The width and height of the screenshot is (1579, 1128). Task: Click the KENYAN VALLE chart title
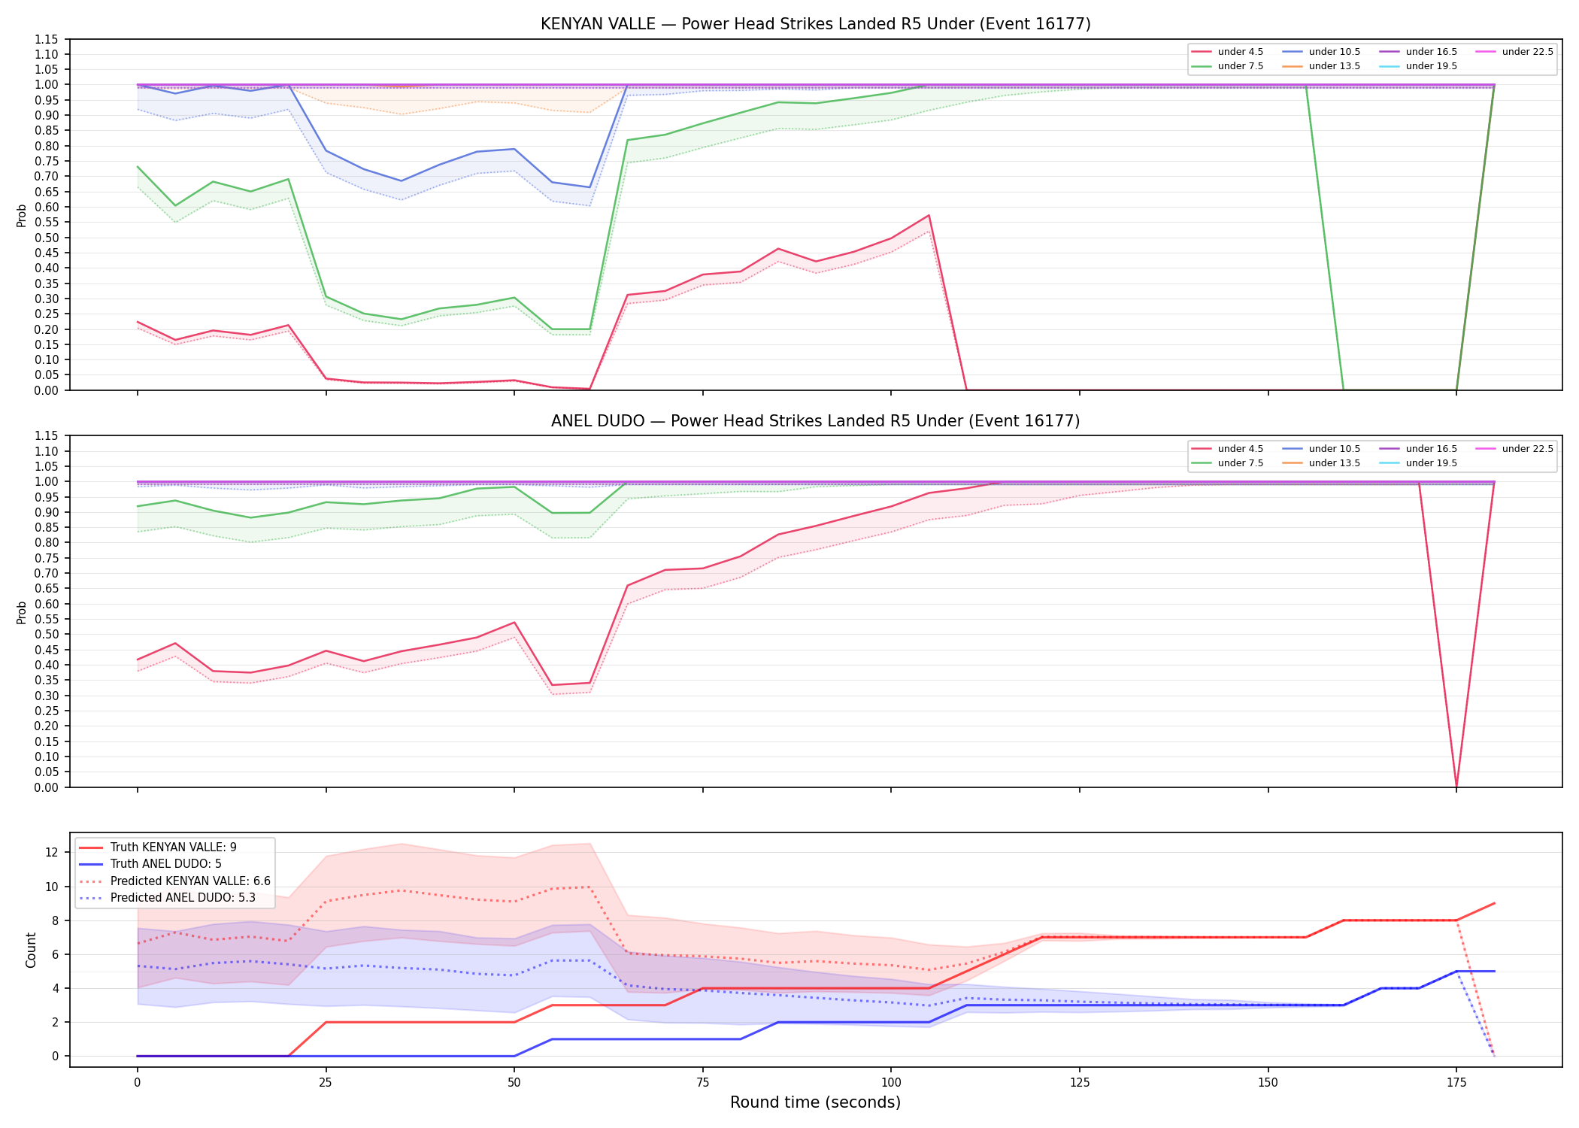point(815,24)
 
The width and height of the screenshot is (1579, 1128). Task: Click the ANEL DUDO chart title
point(815,421)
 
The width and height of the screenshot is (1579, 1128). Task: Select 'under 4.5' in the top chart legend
point(1240,52)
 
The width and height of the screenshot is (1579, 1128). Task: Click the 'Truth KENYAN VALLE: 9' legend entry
point(174,848)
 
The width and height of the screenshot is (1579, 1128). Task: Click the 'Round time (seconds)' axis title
point(815,1102)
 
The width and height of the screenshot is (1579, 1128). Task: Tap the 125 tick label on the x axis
point(1080,1083)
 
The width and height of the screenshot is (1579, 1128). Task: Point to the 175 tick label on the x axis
point(1456,1083)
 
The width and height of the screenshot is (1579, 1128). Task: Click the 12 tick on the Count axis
point(52,852)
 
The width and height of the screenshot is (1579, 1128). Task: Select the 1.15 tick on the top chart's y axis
point(47,39)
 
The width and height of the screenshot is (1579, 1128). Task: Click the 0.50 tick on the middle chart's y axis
point(47,634)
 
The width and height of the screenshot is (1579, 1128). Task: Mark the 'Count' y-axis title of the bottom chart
point(31,950)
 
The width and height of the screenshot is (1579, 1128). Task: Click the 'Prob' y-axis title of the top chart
point(22,215)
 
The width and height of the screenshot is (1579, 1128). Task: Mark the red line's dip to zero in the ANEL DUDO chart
point(1456,786)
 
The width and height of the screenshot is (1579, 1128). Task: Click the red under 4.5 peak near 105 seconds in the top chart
point(929,216)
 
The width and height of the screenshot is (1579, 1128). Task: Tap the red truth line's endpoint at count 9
point(1494,903)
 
